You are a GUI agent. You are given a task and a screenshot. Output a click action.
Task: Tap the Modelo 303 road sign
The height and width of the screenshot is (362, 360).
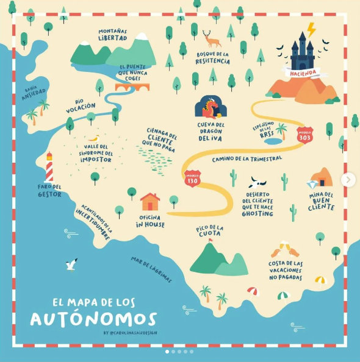[x=304, y=135]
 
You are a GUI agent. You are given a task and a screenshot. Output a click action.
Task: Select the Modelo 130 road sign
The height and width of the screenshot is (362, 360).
[x=192, y=178]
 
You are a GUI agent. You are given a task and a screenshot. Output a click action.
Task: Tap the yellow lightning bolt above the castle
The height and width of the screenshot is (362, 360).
[x=311, y=29]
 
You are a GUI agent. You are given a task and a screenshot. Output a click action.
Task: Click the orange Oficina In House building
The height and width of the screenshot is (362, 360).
[x=149, y=201]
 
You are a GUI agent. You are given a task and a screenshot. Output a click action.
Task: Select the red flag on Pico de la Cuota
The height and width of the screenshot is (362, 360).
[x=211, y=240]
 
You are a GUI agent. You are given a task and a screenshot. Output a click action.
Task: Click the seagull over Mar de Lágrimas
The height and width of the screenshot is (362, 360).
[x=72, y=264]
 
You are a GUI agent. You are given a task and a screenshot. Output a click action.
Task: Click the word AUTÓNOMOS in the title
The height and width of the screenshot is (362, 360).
[x=102, y=318]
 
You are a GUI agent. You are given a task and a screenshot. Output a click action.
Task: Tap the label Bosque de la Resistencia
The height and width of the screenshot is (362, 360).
[x=212, y=58]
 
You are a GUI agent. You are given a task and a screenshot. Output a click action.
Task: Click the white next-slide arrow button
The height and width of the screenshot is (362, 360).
[x=348, y=180]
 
